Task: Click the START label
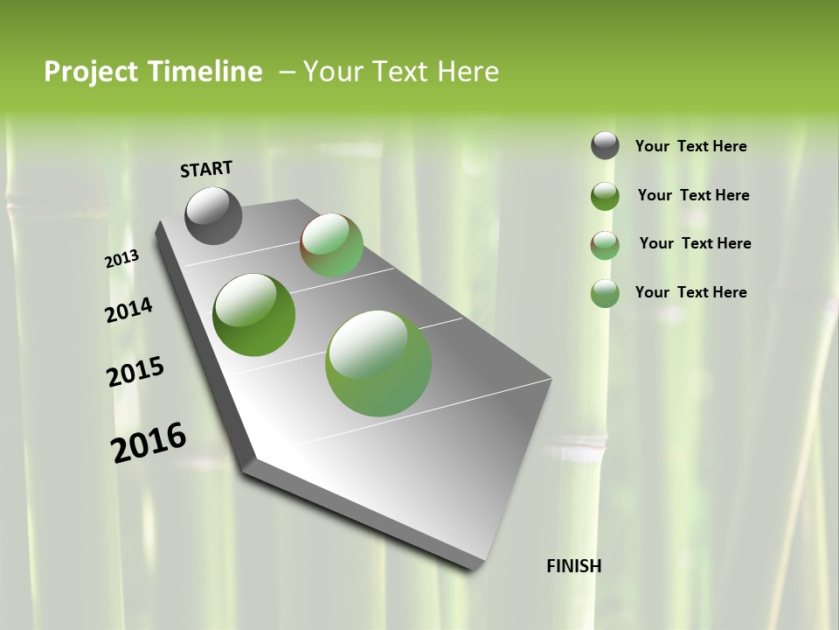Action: (206, 169)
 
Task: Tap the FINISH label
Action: (573, 566)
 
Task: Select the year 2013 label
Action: (121, 259)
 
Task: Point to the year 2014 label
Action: (128, 311)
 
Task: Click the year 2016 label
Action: (149, 443)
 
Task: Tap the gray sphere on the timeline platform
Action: (214, 215)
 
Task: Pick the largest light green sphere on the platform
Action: (378, 363)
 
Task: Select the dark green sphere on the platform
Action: (254, 315)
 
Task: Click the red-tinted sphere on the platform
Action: (332, 245)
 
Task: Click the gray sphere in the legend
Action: (605, 145)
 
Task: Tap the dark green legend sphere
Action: (605, 196)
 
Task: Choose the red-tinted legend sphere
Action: (605, 245)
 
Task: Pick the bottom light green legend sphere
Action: (605, 293)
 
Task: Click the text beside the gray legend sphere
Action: (690, 147)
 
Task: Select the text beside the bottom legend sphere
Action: (690, 292)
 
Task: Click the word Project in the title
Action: (91, 72)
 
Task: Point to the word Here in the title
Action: (468, 72)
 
